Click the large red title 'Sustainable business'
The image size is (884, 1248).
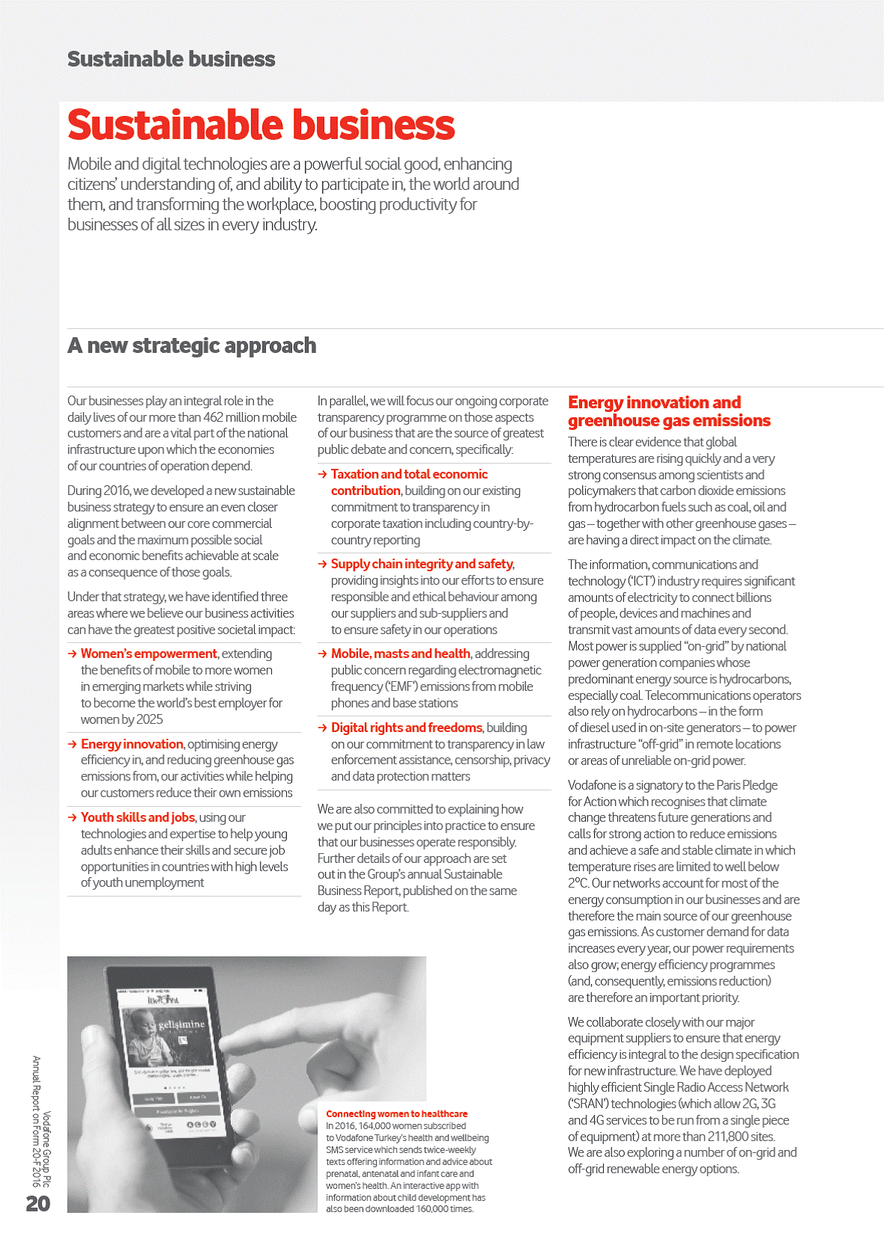(261, 125)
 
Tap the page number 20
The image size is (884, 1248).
(38, 1203)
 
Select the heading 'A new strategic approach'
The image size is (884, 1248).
(191, 345)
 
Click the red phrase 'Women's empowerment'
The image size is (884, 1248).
(149, 654)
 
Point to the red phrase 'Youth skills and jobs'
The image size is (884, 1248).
(137, 817)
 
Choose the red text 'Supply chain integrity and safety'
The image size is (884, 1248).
(421, 564)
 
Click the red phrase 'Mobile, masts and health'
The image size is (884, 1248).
(401, 654)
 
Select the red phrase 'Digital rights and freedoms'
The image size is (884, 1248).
(407, 728)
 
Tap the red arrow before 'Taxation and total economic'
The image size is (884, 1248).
(322, 474)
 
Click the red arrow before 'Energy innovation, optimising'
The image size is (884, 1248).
(72, 744)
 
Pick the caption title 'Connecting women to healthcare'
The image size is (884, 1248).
(396, 1113)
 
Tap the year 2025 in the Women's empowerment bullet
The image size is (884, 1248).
(149, 719)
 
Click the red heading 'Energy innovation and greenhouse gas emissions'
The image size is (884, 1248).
(669, 411)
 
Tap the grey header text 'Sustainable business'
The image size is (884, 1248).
(171, 59)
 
